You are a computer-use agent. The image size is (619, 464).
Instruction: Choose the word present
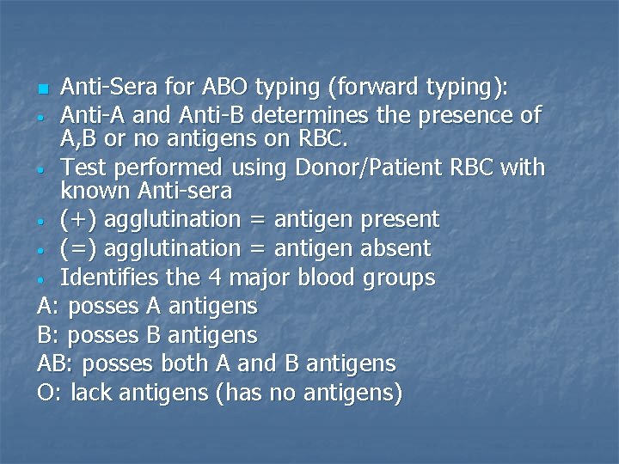(x=400, y=220)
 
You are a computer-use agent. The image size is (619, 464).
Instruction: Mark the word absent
(x=395, y=249)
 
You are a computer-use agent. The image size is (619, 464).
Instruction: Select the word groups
(x=399, y=278)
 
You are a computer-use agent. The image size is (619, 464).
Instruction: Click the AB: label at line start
(x=56, y=363)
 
